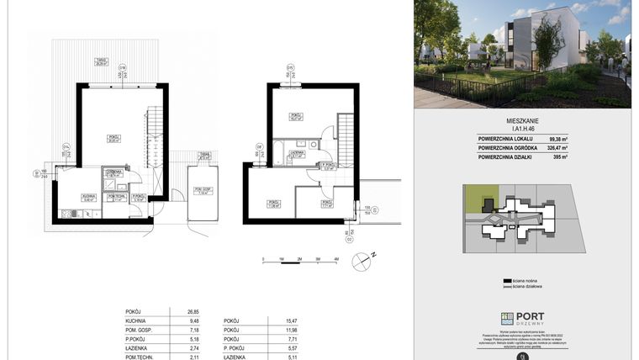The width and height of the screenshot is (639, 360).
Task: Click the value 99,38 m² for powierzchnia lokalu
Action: [x=558, y=140]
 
